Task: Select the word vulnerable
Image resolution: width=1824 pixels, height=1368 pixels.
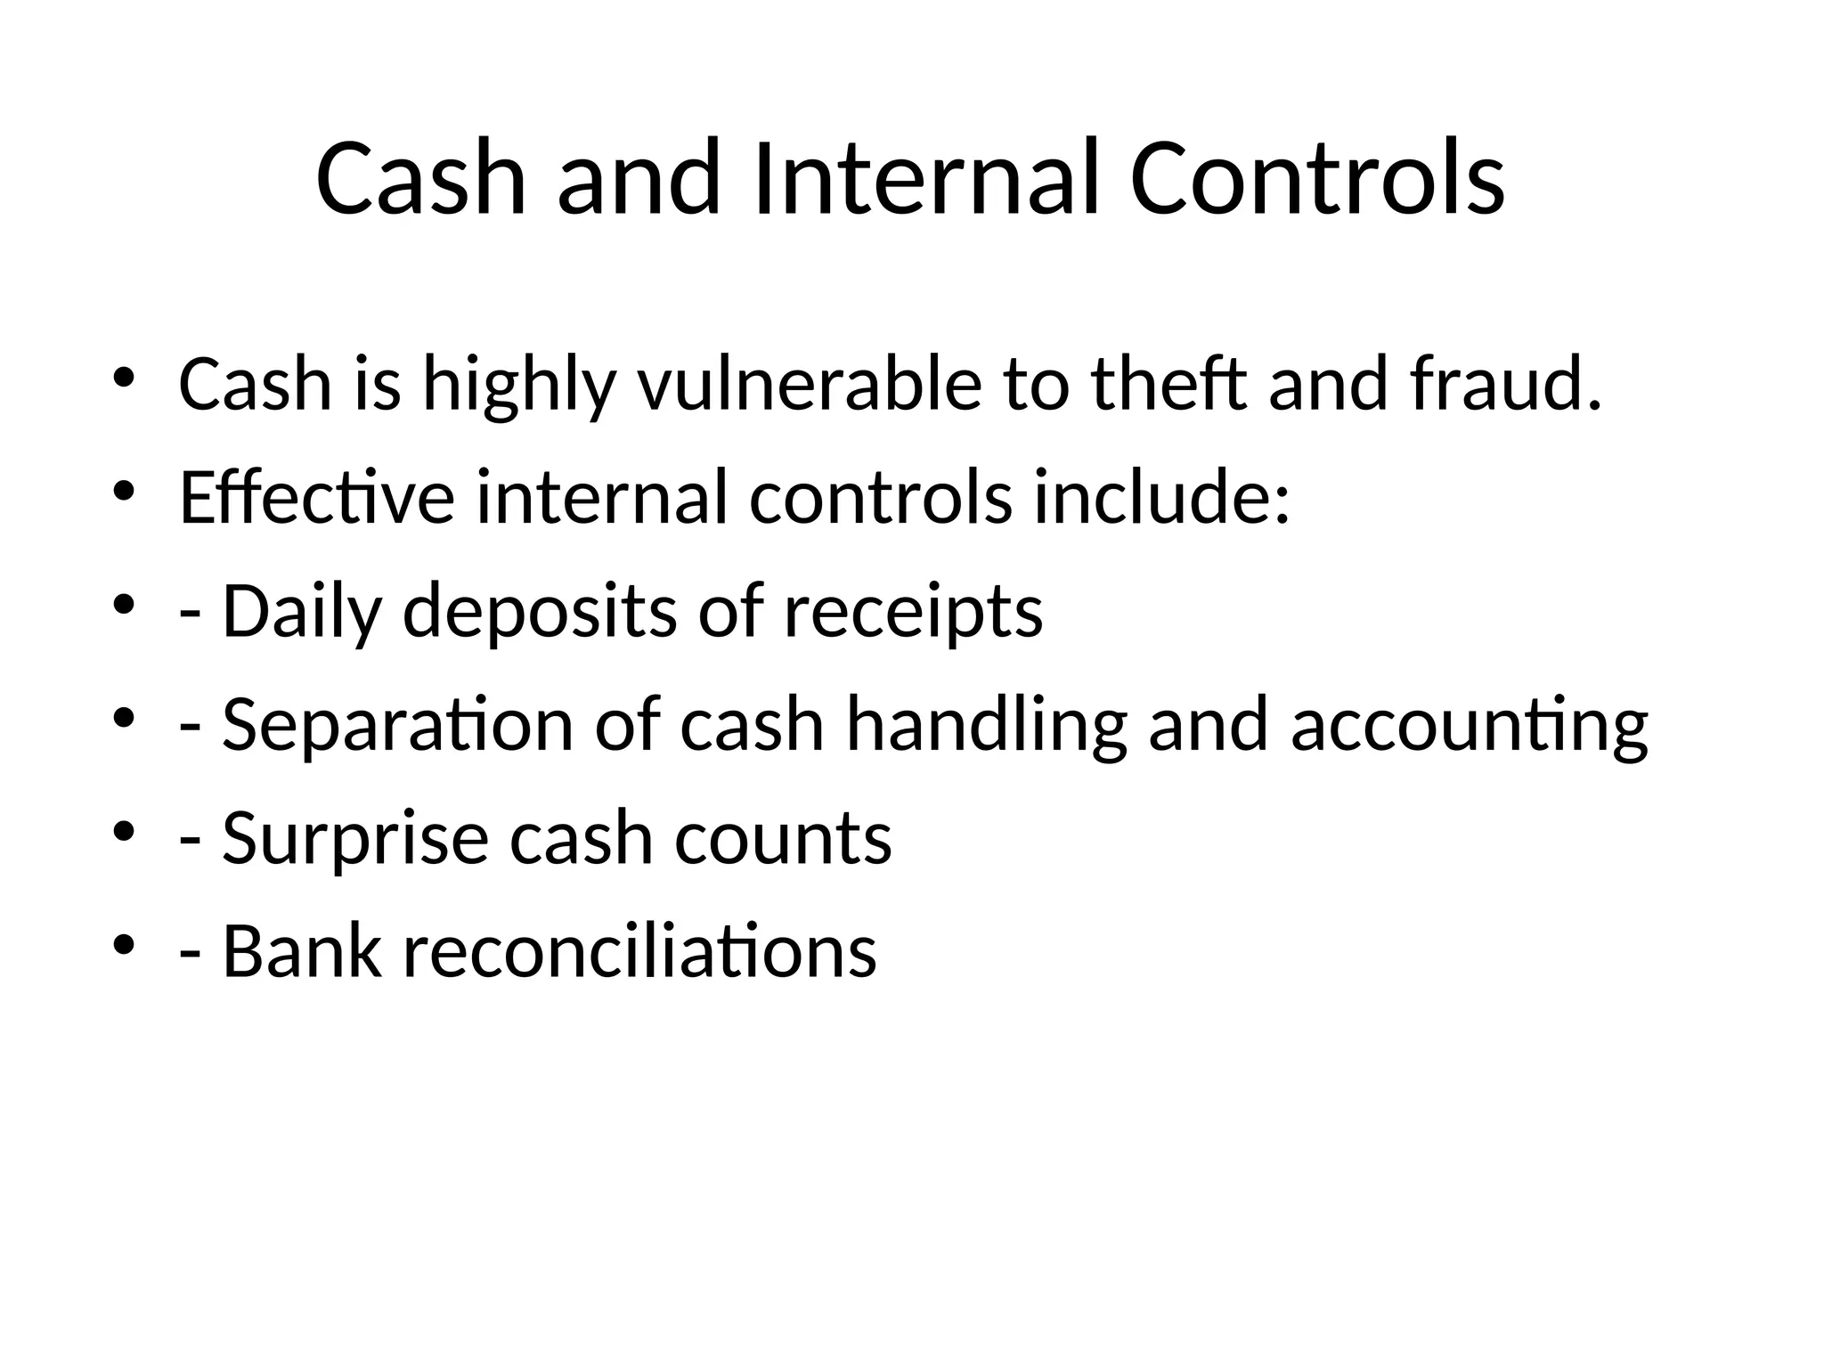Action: coord(809,385)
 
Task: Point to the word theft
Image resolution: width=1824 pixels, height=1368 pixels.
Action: coord(1168,385)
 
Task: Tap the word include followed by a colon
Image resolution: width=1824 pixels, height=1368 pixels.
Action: coord(1160,497)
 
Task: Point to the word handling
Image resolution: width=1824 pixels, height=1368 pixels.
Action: coord(987,727)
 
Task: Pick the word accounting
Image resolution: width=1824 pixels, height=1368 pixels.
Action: coord(1470,727)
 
